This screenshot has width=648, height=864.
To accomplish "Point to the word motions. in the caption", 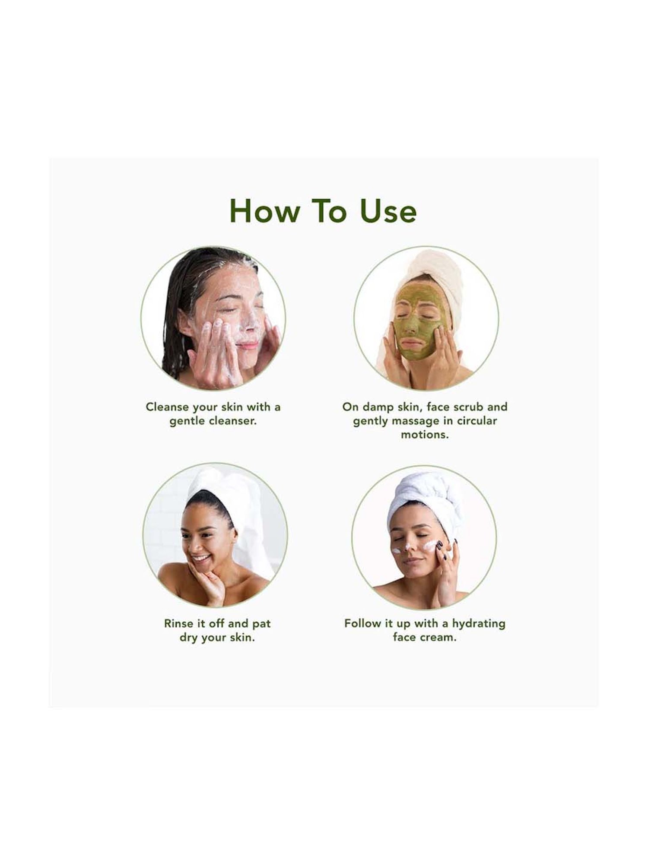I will pos(425,435).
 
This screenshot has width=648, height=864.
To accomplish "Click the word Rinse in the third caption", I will pos(178,623).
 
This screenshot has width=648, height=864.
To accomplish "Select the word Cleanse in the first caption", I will pos(168,407).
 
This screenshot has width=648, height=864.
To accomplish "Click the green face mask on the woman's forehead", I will pos(415,298).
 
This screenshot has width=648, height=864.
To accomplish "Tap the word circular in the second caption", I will pos(477,421).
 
